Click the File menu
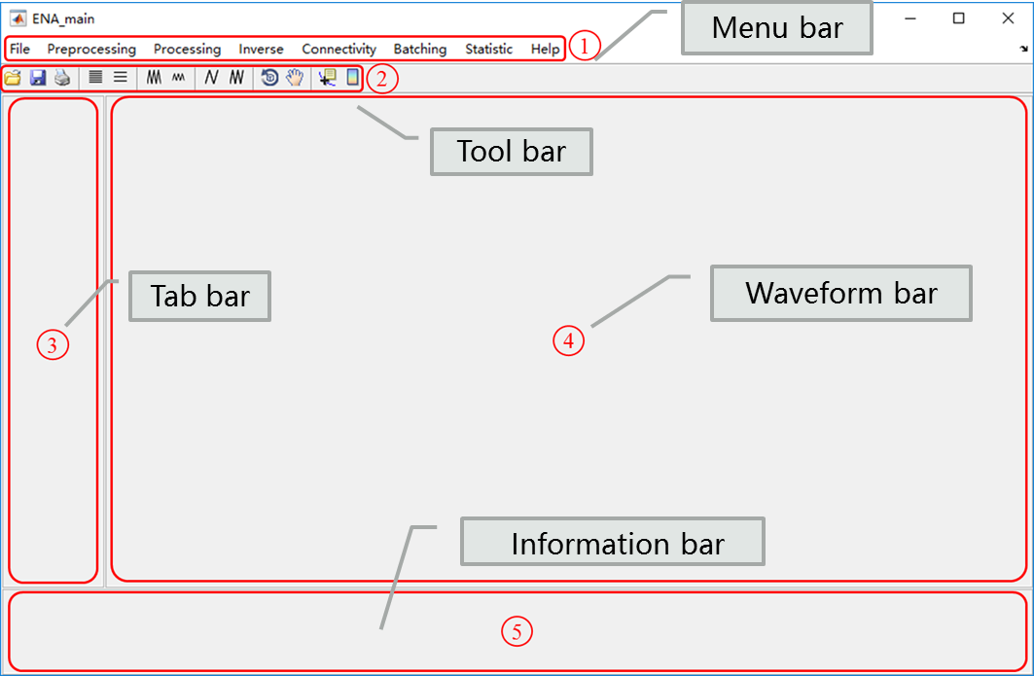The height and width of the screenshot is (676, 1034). [x=20, y=49]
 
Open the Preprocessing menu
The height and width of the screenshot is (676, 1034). [x=91, y=49]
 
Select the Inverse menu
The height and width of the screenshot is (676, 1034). [x=261, y=49]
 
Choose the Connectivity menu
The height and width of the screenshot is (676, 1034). [x=339, y=49]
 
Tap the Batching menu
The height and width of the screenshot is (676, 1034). [x=419, y=49]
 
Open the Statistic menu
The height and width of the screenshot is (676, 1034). [x=488, y=49]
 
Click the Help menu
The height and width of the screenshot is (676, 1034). [x=545, y=49]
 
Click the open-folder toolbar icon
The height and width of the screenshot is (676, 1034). [x=13, y=78]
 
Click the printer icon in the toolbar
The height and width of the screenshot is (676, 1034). [x=62, y=78]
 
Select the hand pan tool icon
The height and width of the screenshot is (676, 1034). [x=294, y=78]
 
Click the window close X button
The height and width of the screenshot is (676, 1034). [x=1008, y=18]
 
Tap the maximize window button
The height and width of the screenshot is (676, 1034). [x=959, y=18]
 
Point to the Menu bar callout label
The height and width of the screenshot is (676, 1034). [x=777, y=28]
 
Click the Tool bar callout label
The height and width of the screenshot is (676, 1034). [x=512, y=152]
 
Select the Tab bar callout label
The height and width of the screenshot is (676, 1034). [x=199, y=296]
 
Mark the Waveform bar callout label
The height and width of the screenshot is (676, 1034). [x=841, y=294]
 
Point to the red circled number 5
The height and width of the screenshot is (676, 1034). [x=517, y=632]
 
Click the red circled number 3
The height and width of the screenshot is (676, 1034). [x=53, y=344]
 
